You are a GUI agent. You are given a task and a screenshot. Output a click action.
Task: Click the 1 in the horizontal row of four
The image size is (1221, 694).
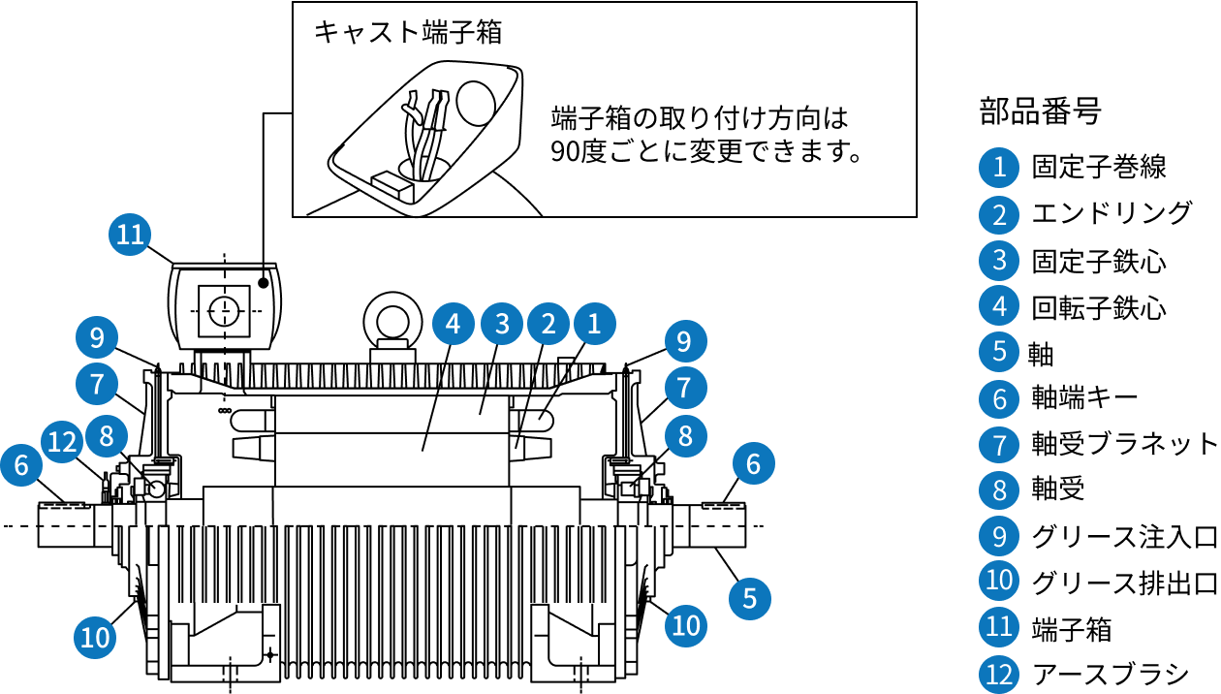594,324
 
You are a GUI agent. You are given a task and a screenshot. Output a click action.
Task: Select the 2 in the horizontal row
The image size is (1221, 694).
548,324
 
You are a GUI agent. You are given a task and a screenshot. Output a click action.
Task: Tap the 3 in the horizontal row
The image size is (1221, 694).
502,324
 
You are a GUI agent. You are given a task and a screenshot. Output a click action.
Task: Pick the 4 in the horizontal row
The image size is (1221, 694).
453,324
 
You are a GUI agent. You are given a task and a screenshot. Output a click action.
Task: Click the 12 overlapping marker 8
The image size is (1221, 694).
62,443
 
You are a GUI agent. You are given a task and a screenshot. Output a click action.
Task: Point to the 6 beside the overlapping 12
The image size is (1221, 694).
21,465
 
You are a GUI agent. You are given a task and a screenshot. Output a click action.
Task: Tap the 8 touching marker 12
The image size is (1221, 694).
107,436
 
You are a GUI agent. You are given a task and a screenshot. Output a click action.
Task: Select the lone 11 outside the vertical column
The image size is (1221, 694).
130,235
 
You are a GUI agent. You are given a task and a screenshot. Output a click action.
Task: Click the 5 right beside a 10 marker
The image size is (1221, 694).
749,599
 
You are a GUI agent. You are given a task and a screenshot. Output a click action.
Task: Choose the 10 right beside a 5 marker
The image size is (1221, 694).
686,625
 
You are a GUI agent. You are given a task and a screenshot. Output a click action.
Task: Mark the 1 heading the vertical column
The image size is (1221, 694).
999,168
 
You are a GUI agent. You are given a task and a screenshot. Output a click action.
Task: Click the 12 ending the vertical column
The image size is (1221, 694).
999,674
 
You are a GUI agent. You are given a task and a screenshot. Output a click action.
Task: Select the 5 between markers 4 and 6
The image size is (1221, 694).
999,351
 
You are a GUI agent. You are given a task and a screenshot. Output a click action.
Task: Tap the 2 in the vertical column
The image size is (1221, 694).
999,214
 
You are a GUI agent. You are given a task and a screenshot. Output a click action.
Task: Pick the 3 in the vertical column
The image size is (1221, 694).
999,260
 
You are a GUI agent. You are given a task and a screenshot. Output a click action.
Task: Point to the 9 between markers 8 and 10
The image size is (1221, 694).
999,536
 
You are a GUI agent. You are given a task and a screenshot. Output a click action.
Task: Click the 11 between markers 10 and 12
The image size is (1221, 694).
999,626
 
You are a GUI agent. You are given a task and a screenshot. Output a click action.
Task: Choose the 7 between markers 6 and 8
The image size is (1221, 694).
999,446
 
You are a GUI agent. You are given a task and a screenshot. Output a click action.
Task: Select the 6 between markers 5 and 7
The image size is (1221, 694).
999,398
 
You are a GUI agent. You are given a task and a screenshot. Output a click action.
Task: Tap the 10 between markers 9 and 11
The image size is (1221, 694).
999,580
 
